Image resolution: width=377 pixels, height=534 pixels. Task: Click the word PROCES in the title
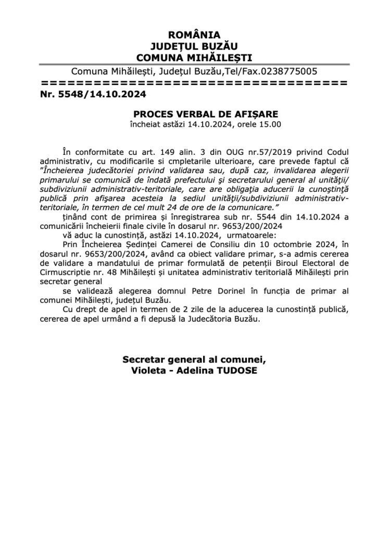pos(153,114)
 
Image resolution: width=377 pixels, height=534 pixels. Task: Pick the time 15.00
pos(270,125)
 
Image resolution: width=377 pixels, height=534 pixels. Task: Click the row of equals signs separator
pos(193,82)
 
